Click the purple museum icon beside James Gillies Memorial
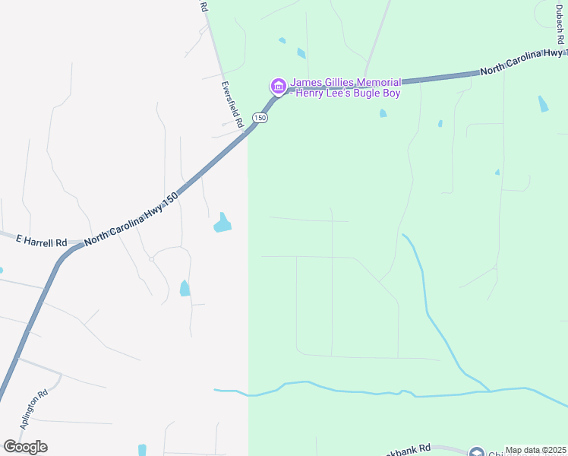[x=278, y=87]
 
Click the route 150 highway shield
[x=260, y=118]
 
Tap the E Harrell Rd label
[x=42, y=241]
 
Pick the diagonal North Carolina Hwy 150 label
[x=131, y=217]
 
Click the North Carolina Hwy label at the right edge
[x=523, y=60]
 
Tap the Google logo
[x=25, y=446]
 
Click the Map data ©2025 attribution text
[x=536, y=450]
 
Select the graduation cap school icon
[x=476, y=453]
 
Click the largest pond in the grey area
[x=222, y=223]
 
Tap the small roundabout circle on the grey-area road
[x=152, y=259]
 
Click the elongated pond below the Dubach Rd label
[x=542, y=104]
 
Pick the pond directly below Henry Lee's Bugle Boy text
[x=383, y=113]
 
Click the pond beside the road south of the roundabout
[x=185, y=288]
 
